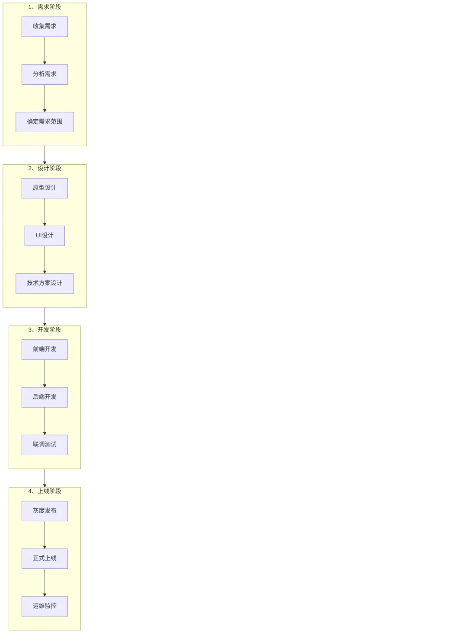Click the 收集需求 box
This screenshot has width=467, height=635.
[45, 26]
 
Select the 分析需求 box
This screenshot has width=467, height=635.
[45, 74]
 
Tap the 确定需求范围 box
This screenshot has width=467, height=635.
[45, 122]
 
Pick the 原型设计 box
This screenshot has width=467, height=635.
[45, 188]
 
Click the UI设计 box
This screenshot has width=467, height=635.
[45, 236]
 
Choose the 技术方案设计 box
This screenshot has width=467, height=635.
[45, 283]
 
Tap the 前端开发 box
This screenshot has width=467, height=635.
[45, 349]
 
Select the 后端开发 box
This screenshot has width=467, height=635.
[45, 397]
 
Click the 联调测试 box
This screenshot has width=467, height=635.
[45, 444]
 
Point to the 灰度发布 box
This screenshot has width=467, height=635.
[45, 511]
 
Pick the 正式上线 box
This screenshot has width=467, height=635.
[45, 558]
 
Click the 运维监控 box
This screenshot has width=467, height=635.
[45, 606]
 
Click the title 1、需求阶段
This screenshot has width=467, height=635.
[45, 7]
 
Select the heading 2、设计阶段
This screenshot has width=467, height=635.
[45, 168]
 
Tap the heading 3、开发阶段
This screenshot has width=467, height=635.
[45, 330]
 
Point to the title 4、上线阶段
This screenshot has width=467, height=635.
[45, 491]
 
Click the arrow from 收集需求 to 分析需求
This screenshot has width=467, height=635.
[45, 51]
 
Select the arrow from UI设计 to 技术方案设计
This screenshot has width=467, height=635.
[45, 259]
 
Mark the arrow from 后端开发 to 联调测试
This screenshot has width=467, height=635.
[45, 421]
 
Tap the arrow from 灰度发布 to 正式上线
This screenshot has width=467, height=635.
[45, 535]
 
